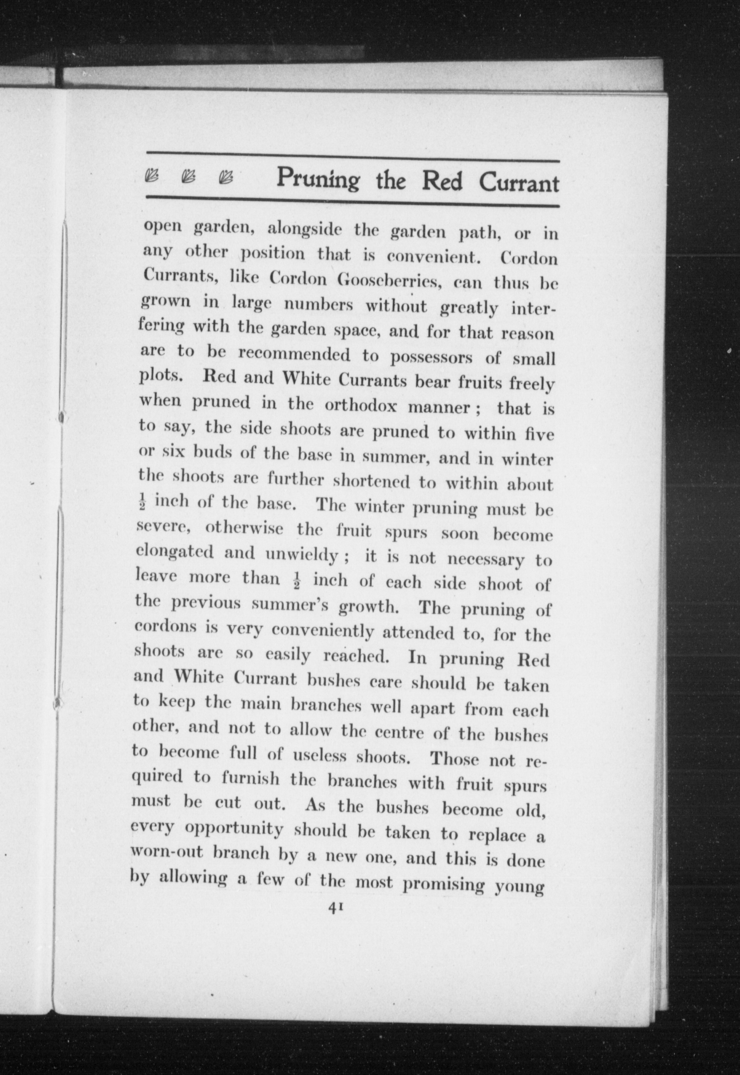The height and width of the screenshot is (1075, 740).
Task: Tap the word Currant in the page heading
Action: [x=519, y=183]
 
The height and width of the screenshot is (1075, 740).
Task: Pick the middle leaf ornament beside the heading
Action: [x=189, y=176]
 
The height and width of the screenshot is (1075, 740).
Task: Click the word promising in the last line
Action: [x=443, y=884]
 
